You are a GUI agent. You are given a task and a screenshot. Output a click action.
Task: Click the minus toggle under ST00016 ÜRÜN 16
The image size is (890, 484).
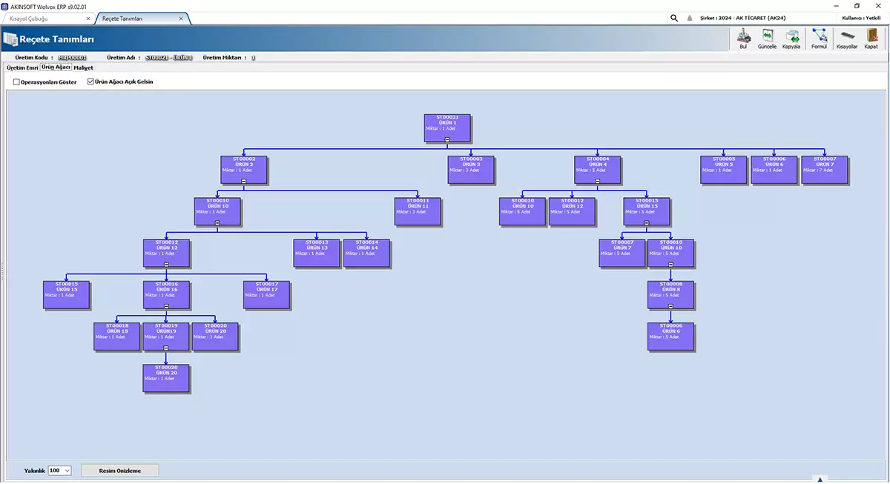click(x=166, y=306)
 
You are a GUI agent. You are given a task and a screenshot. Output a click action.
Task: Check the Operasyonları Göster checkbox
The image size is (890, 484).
click(x=17, y=82)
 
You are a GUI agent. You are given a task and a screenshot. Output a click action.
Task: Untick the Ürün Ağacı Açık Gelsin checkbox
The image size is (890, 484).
click(x=91, y=82)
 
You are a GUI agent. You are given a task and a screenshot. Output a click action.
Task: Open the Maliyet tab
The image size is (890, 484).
click(x=83, y=67)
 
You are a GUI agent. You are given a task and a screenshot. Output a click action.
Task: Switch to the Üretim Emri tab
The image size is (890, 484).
click(x=22, y=67)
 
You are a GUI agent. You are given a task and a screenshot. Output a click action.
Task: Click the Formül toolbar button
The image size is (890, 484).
click(x=819, y=39)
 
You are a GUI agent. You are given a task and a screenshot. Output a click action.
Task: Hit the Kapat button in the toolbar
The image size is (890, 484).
click(x=871, y=39)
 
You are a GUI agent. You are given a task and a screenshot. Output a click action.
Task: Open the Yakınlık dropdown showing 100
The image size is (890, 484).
click(x=59, y=470)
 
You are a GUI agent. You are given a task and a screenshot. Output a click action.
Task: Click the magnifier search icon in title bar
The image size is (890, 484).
click(x=673, y=18)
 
